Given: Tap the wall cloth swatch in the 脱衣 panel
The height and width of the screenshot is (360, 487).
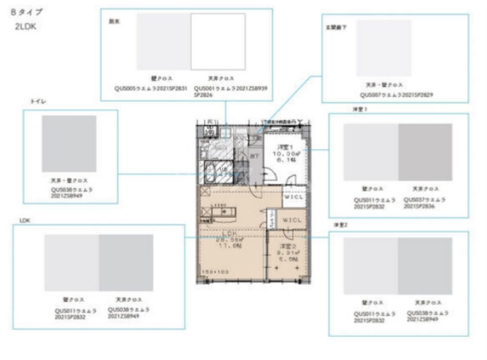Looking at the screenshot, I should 164,41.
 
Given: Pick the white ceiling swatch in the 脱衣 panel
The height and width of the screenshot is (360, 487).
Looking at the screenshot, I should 218,41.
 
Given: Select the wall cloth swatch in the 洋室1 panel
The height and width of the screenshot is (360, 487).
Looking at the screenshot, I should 370,152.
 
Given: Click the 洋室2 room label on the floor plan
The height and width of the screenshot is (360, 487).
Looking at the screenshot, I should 285,246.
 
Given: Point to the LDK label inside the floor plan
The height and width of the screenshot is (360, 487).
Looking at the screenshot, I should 230,233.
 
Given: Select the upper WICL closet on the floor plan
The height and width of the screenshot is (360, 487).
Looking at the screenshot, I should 294,197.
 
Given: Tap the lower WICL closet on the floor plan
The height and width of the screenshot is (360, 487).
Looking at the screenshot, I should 292,219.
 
